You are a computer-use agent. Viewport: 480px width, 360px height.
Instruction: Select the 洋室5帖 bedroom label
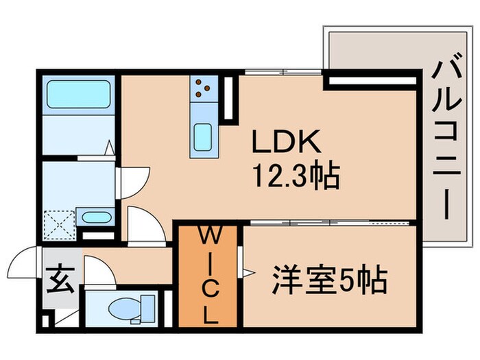point(330,279)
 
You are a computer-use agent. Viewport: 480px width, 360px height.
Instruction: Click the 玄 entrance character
point(56,281)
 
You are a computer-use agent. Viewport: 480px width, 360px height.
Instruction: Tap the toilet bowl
point(130,307)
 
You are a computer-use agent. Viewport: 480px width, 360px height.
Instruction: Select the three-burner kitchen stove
point(204,87)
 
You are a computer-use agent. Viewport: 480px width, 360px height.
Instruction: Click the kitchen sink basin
point(204,135)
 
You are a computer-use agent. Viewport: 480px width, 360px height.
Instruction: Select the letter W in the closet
point(208,236)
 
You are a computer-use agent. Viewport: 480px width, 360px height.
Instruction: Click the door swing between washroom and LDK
point(134,180)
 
